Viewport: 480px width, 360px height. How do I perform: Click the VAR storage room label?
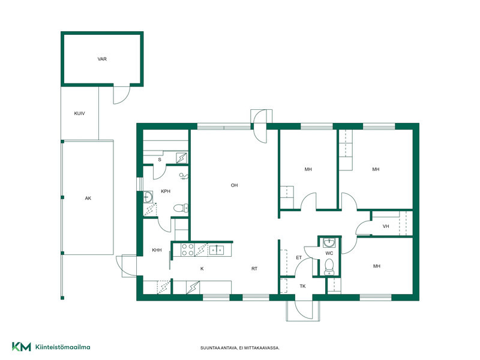[x=102, y=59]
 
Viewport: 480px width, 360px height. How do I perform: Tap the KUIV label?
[x=79, y=113]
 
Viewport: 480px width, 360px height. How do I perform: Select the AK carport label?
[x=88, y=199]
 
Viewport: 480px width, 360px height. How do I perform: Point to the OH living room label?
[x=234, y=185]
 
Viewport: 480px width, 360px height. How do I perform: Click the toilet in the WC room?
[x=329, y=266]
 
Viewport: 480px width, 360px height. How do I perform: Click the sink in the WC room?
[x=329, y=243]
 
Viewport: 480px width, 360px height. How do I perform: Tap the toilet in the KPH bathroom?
[x=181, y=208]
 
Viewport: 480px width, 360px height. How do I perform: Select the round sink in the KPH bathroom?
[x=148, y=197]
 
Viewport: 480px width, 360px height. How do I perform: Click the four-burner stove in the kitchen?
[x=187, y=250]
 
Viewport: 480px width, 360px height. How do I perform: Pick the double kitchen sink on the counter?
[x=217, y=250]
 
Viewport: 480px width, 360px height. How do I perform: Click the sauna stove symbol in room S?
[x=182, y=158]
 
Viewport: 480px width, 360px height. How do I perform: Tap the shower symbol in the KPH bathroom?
[x=184, y=176]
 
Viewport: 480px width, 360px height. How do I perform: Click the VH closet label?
[x=386, y=227]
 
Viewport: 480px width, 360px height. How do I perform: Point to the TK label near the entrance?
[x=302, y=286]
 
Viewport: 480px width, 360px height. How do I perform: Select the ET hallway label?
[x=299, y=258]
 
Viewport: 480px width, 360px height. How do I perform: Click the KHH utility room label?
[x=157, y=250]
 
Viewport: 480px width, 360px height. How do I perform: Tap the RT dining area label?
[x=254, y=269]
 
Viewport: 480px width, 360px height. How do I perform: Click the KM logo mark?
[x=22, y=347]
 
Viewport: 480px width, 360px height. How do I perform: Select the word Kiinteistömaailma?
[x=63, y=347]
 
